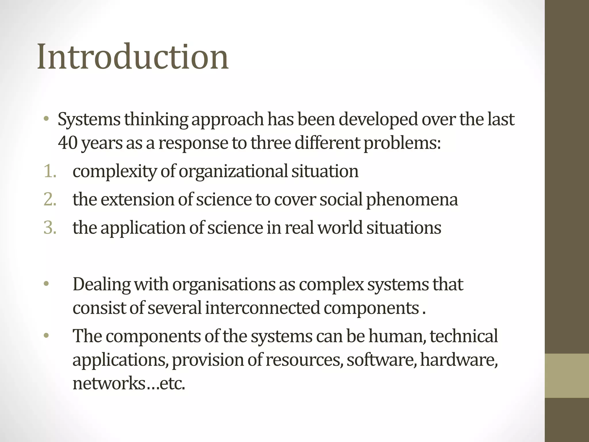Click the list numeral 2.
(x=49, y=199)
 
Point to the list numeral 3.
(x=49, y=228)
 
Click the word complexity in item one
(x=114, y=172)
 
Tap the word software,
(x=381, y=360)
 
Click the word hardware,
(x=459, y=360)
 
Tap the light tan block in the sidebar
(x=567, y=376)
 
